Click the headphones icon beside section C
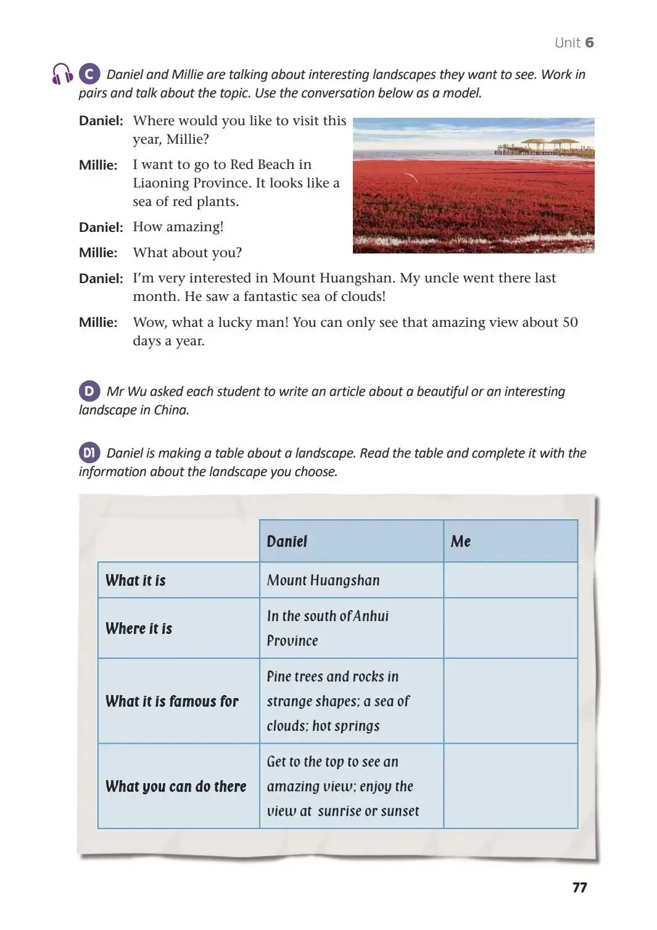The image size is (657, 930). point(62,74)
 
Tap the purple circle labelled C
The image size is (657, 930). point(89,74)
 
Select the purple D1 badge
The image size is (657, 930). point(89,453)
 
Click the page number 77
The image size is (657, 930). point(579,887)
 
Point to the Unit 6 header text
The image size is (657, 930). point(574,43)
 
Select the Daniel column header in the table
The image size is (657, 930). point(287,541)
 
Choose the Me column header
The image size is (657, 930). point(461,541)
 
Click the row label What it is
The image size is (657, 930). point(136,580)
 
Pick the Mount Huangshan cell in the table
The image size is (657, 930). point(323,580)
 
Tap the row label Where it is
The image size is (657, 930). point(139,628)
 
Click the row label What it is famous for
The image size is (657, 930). point(172,701)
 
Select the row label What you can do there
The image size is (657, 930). point(176,786)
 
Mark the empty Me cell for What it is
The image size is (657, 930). point(510,580)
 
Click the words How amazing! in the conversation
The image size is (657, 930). point(178,227)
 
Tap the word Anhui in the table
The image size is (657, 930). point(371,616)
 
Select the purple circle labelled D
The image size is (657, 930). point(89,391)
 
